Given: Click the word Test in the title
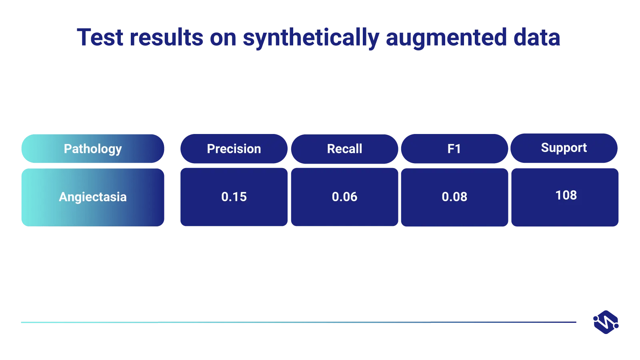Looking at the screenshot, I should click(x=100, y=37).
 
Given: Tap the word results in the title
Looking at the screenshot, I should click(x=166, y=37).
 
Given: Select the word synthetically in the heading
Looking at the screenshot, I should click(x=311, y=38).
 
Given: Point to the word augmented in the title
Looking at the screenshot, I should click(x=446, y=38).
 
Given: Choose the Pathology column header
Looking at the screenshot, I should click(x=93, y=149).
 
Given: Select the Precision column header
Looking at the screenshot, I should click(x=234, y=149).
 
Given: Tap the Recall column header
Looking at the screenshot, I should click(x=344, y=149).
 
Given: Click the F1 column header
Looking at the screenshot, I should click(x=454, y=149).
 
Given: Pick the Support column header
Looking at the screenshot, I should click(x=564, y=148).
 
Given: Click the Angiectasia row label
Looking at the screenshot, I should click(x=93, y=197).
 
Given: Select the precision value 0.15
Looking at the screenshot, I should click(x=234, y=197).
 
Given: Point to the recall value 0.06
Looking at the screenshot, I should click(x=344, y=197).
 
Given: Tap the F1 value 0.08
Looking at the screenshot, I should click(x=454, y=197).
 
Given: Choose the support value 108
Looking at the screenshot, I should click(x=566, y=195).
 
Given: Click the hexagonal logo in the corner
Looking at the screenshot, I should click(x=606, y=322).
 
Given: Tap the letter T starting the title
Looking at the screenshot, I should click(x=84, y=37).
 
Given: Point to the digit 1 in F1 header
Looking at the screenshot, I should click(x=458, y=149).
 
